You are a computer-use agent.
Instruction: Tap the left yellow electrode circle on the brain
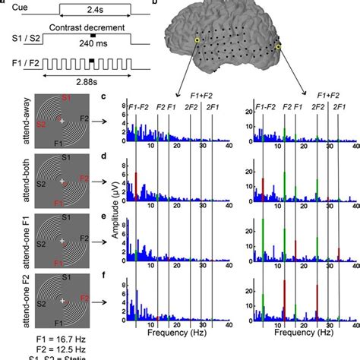(x=198, y=40)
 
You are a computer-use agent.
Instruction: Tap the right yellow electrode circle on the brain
(x=279, y=48)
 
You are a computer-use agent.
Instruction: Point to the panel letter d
(x=112, y=159)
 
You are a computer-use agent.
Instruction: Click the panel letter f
(x=112, y=275)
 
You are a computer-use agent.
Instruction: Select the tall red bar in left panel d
(x=136, y=185)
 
